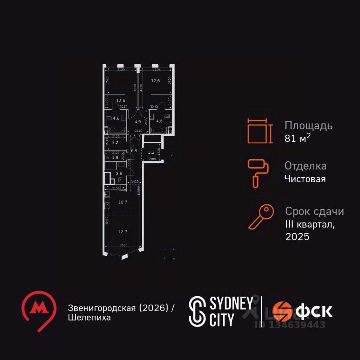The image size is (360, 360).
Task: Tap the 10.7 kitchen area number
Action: coord(123,202)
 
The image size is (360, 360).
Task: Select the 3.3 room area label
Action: coord(151,152)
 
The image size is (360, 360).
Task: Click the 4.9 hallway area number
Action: coord(138,121)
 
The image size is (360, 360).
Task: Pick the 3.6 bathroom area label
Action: coord(119,173)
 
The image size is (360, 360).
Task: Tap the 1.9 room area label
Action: coord(115,157)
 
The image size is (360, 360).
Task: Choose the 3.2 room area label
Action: coord(115,142)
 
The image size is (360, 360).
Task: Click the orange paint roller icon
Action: coord(256,173)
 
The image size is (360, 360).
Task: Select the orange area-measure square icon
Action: coord(258,131)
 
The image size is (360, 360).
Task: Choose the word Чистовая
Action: coord(305,179)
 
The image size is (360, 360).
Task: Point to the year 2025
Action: coord(297,237)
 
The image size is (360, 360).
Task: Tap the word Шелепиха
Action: coord(90,318)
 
